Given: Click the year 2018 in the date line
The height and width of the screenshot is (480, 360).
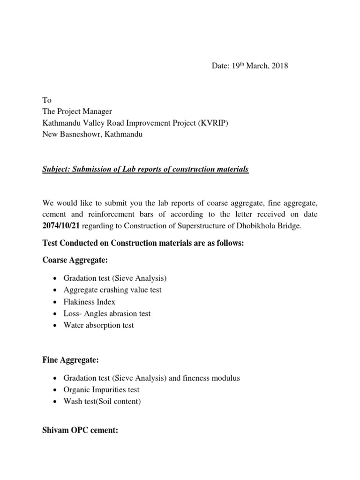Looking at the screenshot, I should pos(279,66).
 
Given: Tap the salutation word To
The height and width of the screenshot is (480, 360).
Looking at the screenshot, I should pos(47,100).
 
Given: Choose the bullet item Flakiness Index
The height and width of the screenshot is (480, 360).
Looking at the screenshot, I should pos(89,301).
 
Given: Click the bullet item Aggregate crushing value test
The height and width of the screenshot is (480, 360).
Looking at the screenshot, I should pos(112,290).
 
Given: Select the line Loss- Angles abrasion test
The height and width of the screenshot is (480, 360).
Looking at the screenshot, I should pos(107,313).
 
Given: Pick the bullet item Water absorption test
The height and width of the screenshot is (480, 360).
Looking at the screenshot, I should pos(98,325).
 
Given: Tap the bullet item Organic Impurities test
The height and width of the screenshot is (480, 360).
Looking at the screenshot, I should pos(101,390).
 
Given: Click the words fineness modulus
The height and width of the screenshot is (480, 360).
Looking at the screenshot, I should pos(212,378).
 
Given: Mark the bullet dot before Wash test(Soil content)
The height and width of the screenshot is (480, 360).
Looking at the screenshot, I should pos(56,402).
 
